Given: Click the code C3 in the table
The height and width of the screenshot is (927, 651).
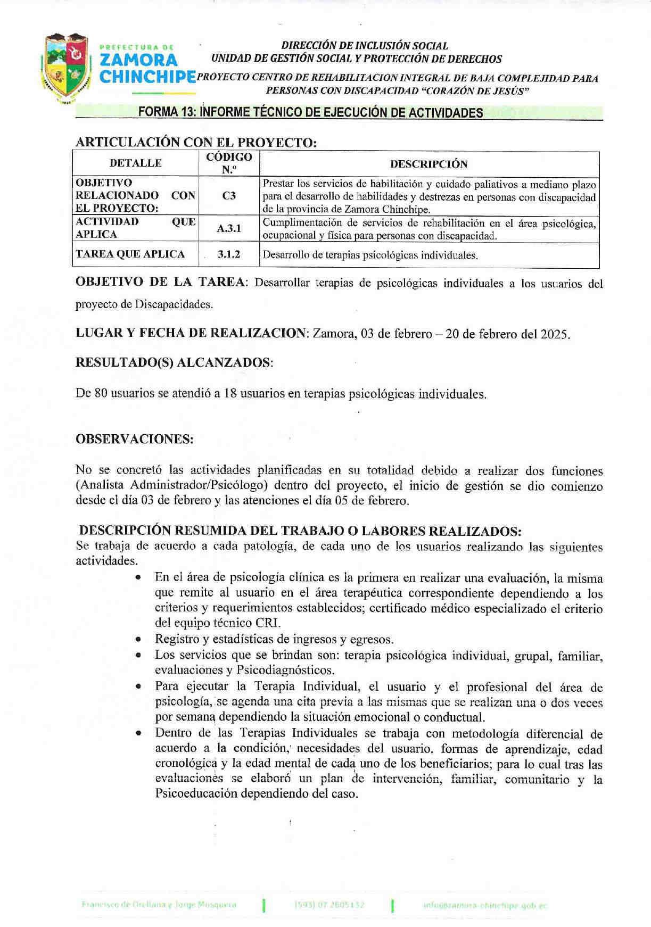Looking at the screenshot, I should (229, 195).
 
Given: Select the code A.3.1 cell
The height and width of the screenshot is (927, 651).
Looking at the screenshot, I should (229, 228).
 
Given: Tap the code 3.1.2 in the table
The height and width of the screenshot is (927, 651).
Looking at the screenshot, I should (229, 254).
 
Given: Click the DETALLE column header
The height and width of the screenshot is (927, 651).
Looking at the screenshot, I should (135, 163).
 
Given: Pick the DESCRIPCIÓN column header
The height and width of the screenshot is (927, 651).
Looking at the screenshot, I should (428, 164).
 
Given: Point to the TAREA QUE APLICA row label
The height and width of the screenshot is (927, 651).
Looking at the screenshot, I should (130, 254).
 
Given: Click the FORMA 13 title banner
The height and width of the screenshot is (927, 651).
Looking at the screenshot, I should (310, 112).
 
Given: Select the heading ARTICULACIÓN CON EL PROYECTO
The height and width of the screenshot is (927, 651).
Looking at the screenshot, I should (196, 142).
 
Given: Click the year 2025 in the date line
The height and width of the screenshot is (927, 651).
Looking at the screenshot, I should (554, 334).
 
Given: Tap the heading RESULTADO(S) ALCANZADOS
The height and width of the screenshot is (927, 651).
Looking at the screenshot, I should (174, 362).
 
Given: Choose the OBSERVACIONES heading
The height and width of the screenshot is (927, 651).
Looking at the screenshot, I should (135, 439).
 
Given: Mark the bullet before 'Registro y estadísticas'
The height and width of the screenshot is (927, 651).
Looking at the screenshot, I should (138, 640).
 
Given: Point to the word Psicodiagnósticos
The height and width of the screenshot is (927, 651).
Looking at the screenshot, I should (293, 670).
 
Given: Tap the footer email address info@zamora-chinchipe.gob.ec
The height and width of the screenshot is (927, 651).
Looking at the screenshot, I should (484, 905).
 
